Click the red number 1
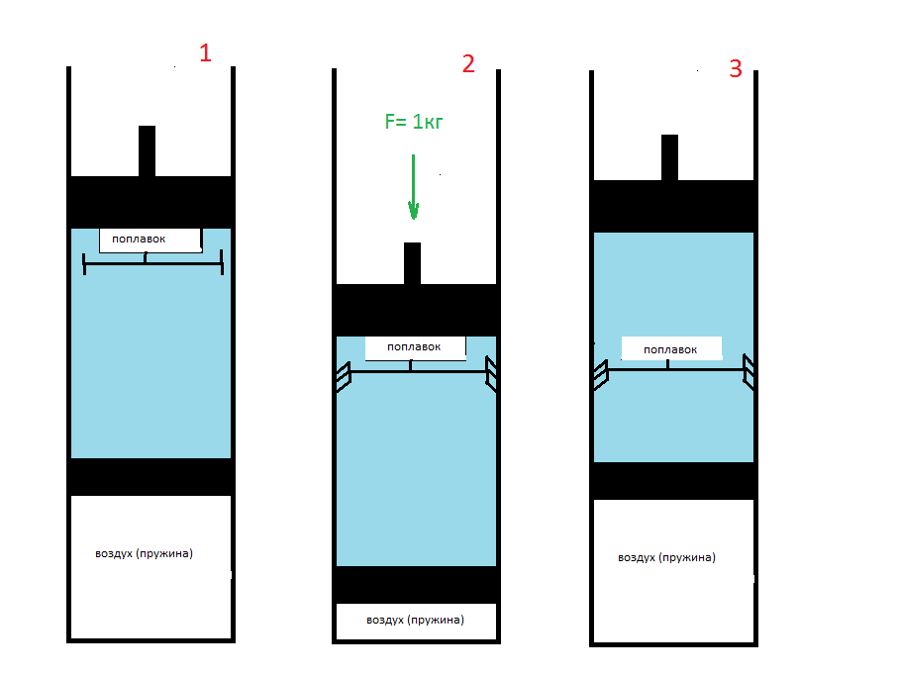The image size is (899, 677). (x=205, y=52)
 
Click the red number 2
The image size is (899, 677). (x=468, y=63)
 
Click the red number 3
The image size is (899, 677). (x=736, y=69)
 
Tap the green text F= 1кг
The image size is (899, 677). (x=414, y=122)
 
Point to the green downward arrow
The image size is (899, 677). (x=414, y=187)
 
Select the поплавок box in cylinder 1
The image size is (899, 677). (x=150, y=241)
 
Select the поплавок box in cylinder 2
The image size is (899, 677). (x=416, y=348)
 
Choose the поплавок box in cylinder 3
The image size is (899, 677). (x=671, y=348)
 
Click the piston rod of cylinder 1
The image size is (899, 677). (x=147, y=151)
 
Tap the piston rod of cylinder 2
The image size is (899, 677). (x=412, y=263)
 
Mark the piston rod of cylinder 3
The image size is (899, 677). (x=669, y=158)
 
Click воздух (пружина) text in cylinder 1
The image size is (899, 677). (x=144, y=553)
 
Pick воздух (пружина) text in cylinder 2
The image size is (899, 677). (x=415, y=620)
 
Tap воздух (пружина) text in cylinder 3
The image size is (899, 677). (x=666, y=557)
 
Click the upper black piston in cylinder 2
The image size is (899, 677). (x=416, y=310)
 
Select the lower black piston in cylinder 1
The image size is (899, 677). (x=150, y=477)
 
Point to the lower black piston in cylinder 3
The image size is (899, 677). (x=673, y=481)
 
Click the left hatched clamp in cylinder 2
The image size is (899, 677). (x=344, y=377)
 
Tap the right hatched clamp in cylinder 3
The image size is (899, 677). (x=748, y=372)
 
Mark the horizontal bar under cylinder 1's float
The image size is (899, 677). (x=153, y=263)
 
